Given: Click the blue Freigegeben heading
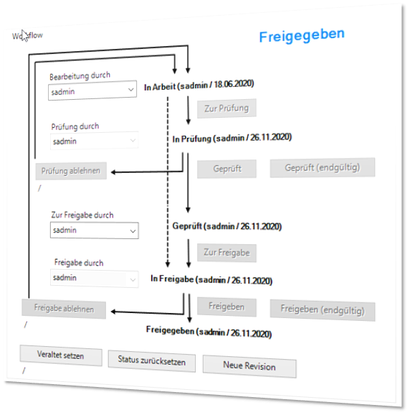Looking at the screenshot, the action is pos(302,35).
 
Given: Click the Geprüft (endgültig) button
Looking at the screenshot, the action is pos(323,167).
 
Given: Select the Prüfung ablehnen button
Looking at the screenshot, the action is pos(71,171).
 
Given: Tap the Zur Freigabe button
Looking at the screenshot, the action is pos(227,253).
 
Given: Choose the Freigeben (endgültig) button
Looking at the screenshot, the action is pos(323,310).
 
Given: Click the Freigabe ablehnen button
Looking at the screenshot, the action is pos(64,309).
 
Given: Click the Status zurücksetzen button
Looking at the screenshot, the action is pos(152,360).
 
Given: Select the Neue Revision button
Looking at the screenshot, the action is pos(249,366).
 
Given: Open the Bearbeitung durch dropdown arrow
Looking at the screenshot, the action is pos(130,90).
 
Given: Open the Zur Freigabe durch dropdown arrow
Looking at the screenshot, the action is pos(133,231).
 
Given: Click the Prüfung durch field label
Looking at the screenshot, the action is pos(75,126).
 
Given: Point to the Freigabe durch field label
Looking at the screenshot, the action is pos(79,263).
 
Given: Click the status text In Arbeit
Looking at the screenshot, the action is pos(160,87).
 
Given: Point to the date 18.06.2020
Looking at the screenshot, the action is pos(234,84).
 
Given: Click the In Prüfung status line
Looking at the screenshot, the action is pos(232,138).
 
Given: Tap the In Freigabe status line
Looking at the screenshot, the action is pos(211,279).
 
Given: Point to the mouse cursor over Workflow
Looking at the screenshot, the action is pos(24,36).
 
